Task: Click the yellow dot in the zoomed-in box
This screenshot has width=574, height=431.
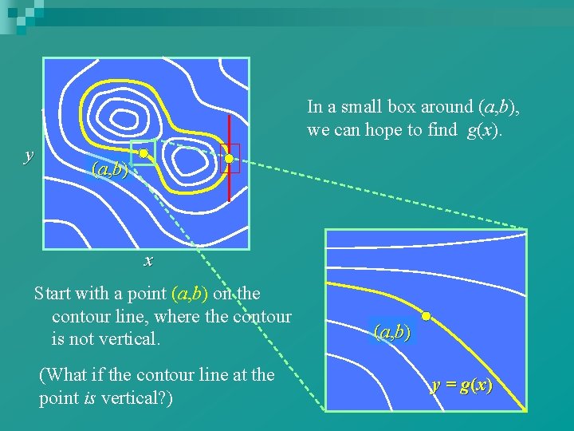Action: [x=427, y=317]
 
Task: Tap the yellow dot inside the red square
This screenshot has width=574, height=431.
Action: [x=229, y=159]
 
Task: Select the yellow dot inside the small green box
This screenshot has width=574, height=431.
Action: [x=143, y=152]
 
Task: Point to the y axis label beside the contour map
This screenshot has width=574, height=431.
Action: [x=29, y=154]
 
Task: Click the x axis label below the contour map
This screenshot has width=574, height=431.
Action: [x=148, y=260]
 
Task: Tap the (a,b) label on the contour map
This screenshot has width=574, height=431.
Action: [x=110, y=169]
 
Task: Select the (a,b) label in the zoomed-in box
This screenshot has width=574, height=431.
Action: [x=391, y=332]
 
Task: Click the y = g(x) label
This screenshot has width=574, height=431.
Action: [x=462, y=386]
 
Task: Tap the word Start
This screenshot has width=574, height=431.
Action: [x=54, y=294]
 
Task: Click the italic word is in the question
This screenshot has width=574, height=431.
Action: [x=85, y=397]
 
